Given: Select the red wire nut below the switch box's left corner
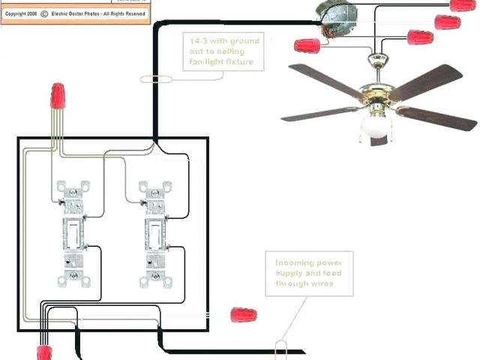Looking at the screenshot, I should click(x=43, y=352).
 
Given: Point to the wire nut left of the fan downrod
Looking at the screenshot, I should click(x=304, y=46).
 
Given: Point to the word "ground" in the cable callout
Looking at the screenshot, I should click(x=241, y=40).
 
